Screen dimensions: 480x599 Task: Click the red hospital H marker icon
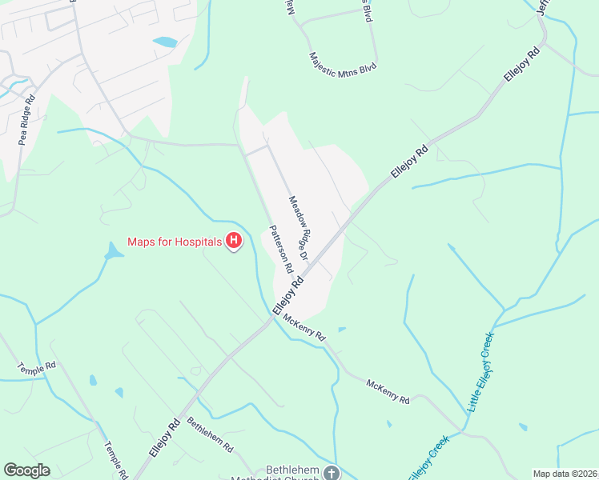tap(234, 240)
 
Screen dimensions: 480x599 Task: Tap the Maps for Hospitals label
tap(175, 240)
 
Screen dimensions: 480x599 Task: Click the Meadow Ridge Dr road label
tap(299, 229)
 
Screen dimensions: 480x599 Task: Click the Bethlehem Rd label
tap(210, 436)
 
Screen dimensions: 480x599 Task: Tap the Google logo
tap(26, 470)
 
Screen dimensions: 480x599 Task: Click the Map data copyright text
tap(565, 474)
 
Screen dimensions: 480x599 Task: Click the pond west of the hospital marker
tap(114, 253)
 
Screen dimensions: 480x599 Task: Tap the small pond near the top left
tap(164, 41)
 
